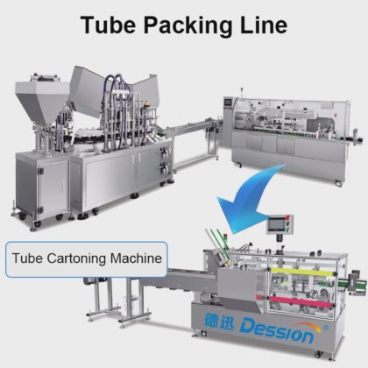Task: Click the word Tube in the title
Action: (108, 25)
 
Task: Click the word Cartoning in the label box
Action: (76, 259)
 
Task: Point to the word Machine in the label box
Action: (136, 258)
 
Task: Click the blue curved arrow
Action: (251, 199)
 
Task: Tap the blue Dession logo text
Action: (277, 333)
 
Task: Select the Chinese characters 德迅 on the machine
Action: (219, 321)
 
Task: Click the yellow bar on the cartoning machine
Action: (301, 272)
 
